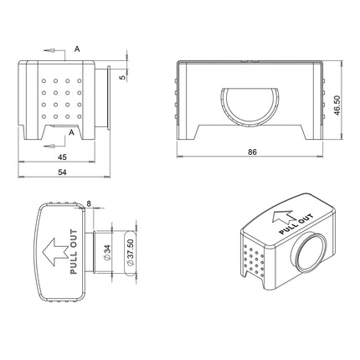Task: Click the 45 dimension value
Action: coord(62,157)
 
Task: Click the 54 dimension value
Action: coord(62,172)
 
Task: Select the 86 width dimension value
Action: coord(252,152)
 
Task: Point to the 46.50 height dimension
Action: coord(337,105)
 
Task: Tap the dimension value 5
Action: coord(123,77)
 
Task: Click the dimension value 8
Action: coord(89,203)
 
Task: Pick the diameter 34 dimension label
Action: coord(107,253)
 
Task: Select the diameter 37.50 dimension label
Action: coord(131,252)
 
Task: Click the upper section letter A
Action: coord(77,49)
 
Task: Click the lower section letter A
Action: coord(72,132)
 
